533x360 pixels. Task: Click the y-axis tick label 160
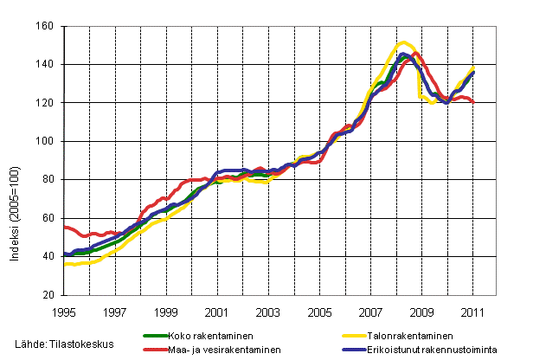point(47,27)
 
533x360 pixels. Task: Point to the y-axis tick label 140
point(47,65)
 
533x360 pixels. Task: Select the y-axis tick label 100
point(47,141)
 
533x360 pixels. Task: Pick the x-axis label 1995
point(64,311)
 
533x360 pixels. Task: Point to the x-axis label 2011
point(472,311)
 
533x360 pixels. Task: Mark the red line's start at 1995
point(65,227)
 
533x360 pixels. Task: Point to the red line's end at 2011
point(473,103)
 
